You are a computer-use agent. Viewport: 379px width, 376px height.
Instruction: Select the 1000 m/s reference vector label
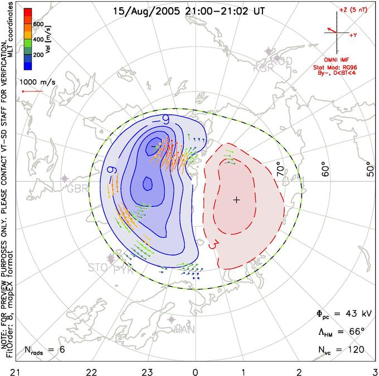tap(38, 82)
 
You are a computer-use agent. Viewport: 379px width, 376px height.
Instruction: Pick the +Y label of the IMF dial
tap(353, 35)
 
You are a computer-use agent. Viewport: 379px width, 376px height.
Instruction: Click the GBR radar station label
tap(77, 189)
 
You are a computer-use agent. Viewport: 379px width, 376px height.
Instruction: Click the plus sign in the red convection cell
tap(236, 200)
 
